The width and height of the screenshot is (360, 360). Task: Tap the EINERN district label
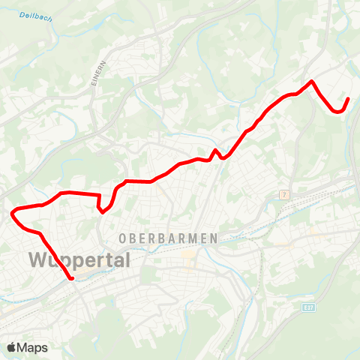click(x=95, y=73)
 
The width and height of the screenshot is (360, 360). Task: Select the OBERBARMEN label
click(x=168, y=238)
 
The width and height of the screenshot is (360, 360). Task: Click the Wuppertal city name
click(x=79, y=260)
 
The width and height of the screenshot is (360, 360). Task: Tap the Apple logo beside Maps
click(x=12, y=347)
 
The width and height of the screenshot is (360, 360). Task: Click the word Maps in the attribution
click(x=33, y=347)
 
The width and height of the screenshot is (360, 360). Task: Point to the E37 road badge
click(x=308, y=307)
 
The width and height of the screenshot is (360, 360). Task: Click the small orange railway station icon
click(x=284, y=194)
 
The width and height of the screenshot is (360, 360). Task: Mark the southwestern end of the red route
click(x=72, y=279)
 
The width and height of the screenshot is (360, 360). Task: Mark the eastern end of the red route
click(x=348, y=99)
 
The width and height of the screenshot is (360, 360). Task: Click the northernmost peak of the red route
click(x=311, y=81)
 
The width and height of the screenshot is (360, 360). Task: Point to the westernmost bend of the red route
click(x=12, y=214)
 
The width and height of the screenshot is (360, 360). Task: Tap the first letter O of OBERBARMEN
click(x=122, y=238)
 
